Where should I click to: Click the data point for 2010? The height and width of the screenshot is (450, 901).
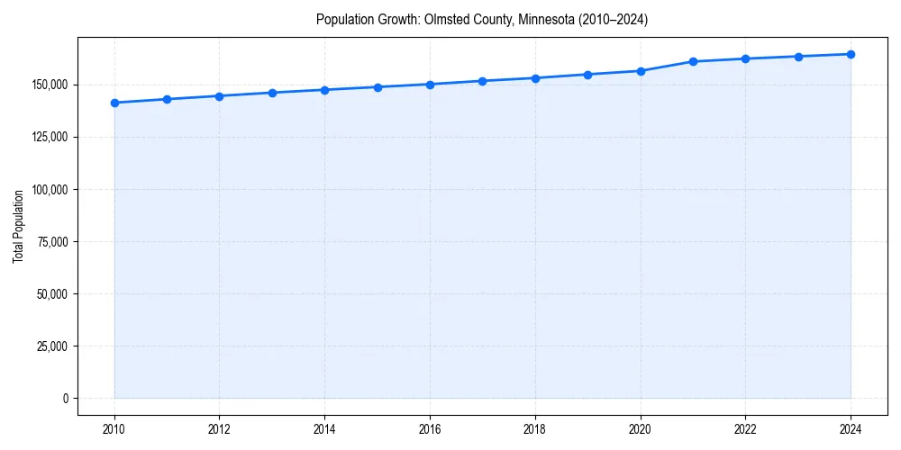click(x=114, y=103)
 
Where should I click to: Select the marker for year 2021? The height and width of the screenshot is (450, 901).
click(x=693, y=61)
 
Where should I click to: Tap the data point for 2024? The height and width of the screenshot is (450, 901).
click(x=851, y=54)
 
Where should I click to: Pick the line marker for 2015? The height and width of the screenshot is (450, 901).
click(x=378, y=87)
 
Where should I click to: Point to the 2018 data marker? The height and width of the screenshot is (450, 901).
click(x=535, y=78)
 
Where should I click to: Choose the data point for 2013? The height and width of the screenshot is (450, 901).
click(x=272, y=93)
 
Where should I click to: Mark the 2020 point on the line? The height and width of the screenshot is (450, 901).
click(x=641, y=71)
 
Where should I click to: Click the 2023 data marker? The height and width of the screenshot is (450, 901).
click(x=798, y=57)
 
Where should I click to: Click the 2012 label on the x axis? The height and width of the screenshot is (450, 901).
click(x=220, y=428)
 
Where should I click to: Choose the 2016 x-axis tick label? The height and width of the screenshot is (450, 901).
click(x=430, y=428)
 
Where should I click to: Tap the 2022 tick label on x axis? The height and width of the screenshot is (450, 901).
click(x=745, y=428)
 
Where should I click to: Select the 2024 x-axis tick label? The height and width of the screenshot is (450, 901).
click(x=851, y=428)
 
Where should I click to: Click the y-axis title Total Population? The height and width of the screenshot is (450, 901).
click(x=18, y=226)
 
